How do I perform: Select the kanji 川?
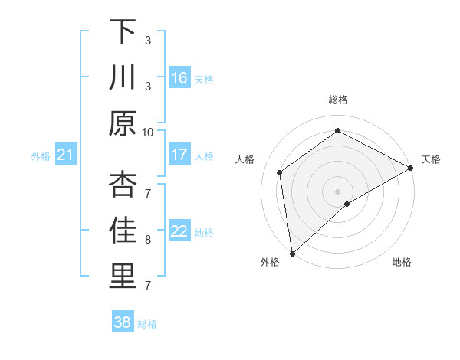[123, 78]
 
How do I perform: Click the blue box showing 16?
[179, 77]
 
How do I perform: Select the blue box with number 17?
[179, 155]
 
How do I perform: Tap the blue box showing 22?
[179, 232]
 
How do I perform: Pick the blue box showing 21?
[66, 155]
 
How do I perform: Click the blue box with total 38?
[122, 322]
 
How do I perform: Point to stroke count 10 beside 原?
[148, 132]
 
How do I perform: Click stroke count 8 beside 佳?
[148, 240]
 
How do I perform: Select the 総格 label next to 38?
[147, 324]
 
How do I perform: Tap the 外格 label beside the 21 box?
[41, 156]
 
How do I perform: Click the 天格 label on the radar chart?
[431, 159]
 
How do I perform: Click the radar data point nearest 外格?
[292, 254]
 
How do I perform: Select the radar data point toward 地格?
[347, 204]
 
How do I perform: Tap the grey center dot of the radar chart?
[337, 191]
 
